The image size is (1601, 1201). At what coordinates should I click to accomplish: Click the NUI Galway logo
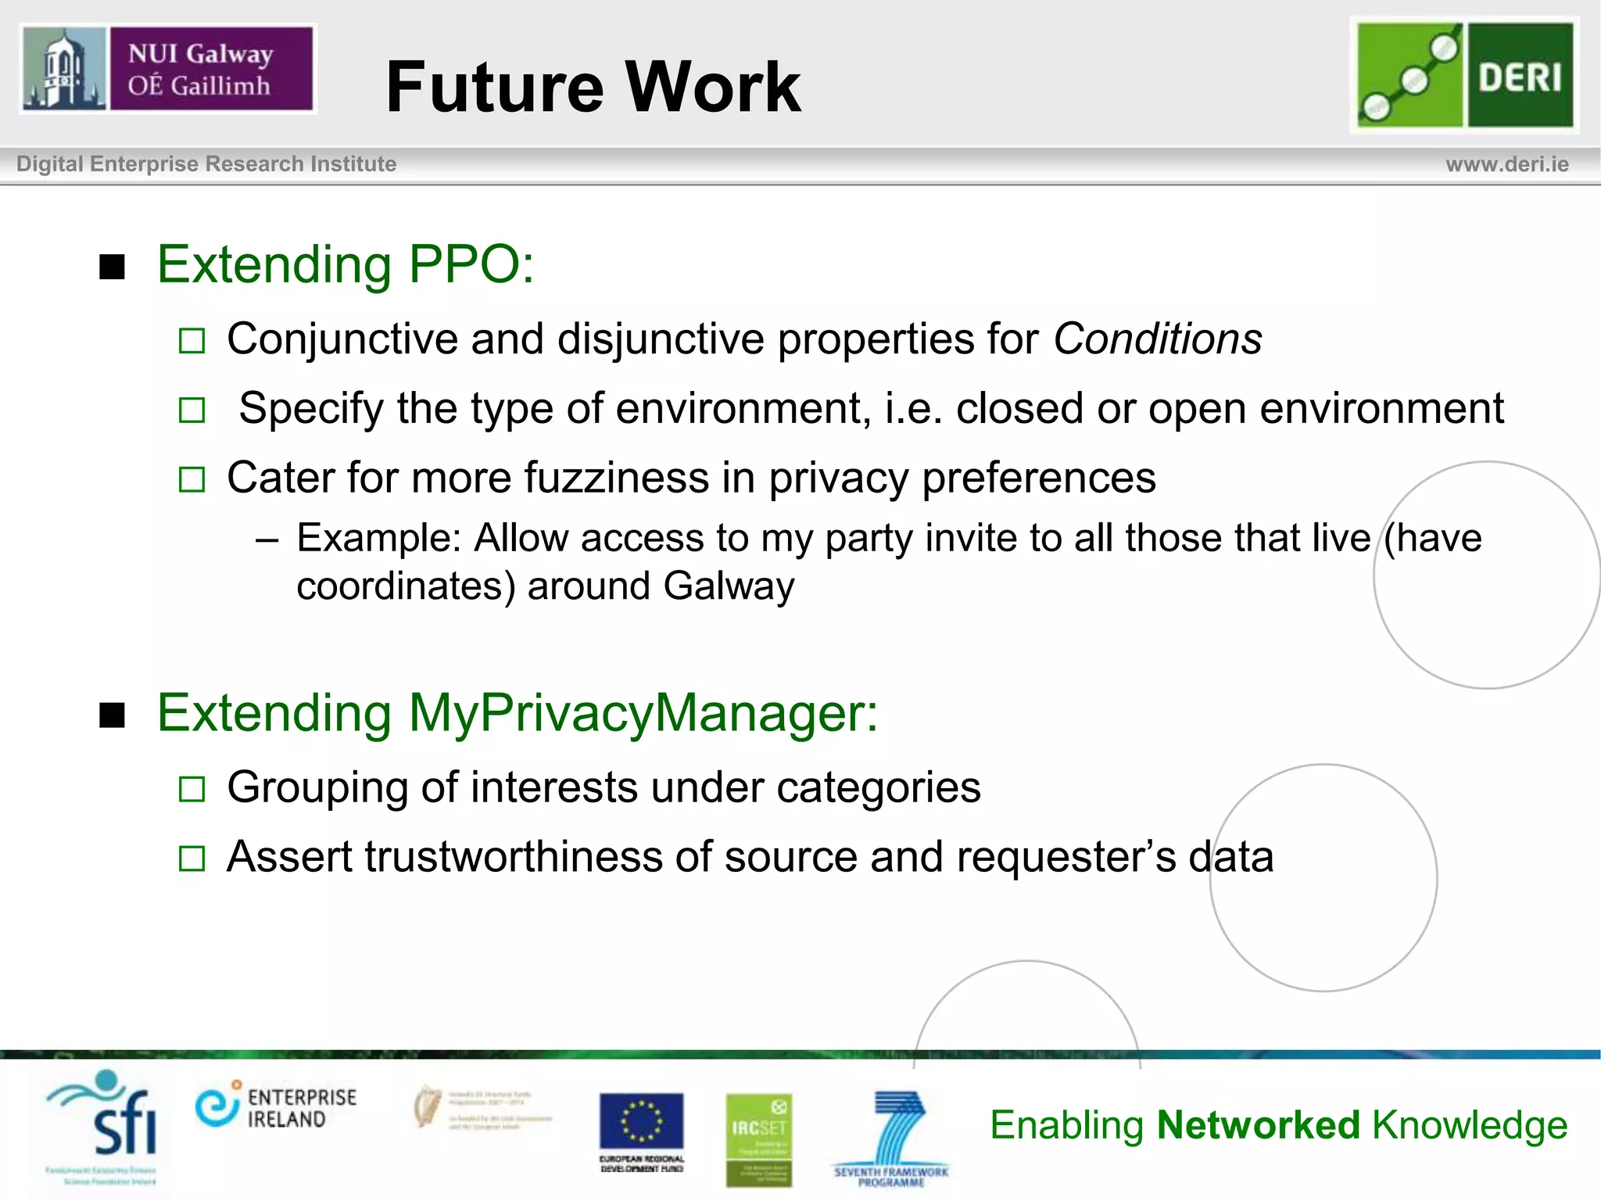(x=167, y=69)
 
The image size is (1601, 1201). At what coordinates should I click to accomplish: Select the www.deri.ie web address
(x=1506, y=164)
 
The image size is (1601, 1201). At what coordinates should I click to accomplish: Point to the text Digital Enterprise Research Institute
(x=206, y=164)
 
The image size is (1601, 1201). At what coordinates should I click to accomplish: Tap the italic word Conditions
(x=1157, y=339)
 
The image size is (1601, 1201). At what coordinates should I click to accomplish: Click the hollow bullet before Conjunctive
(x=192, y=341)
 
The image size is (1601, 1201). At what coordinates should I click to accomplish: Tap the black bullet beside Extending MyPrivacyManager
(x=113, y=715)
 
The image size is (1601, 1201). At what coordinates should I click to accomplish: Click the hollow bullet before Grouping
(x=192, y=789)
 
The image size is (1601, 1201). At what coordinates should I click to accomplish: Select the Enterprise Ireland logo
(x=275, y=1107)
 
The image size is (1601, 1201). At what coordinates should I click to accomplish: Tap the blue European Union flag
(x=641, y=1121)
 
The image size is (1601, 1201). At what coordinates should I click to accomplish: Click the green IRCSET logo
(x=758, y=1138)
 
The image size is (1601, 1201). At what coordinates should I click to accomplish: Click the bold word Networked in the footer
(x=1259, y=1125)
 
